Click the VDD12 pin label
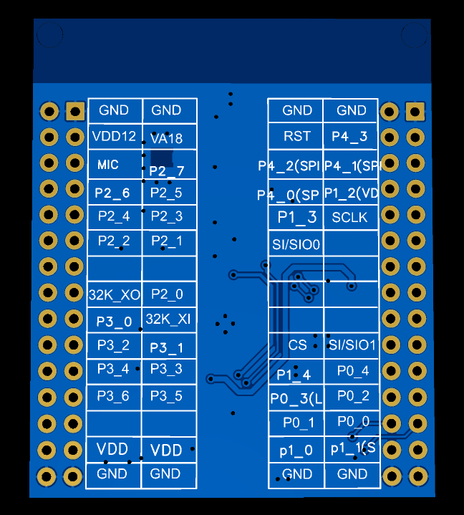[114, 136]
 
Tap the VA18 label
[167, 139]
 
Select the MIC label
[108, 165]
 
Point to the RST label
[297, 136]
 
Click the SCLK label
[350, 217]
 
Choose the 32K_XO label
[115, 294]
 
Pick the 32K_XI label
[168, 318]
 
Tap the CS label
[297, 345]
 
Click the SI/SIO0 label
[296, 244]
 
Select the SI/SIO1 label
[352, 345]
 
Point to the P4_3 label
[350, 136]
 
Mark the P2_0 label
[167, 294]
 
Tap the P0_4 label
[353, 370]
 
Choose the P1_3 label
[297, 217]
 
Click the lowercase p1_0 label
[296, 451]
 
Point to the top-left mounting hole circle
[49, 35]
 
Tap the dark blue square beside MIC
[161, 159]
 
